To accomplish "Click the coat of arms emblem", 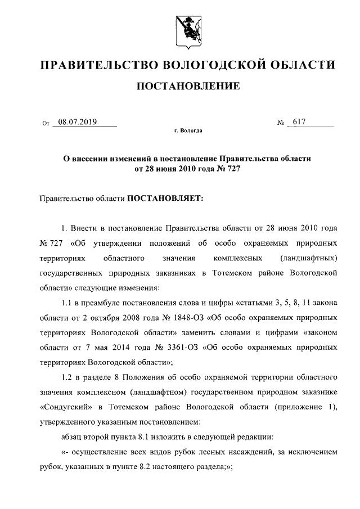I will [188, 30].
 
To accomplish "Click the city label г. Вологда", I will [188, 131].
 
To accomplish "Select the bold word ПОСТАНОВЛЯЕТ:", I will [163, 197].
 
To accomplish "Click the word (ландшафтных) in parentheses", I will [308, 259].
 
